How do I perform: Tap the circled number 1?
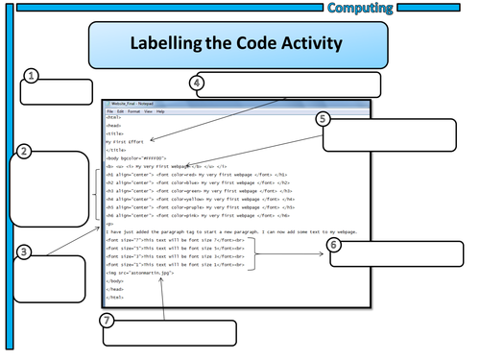coord(32,76)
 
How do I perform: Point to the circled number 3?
coord(25,252)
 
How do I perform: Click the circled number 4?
coord(198,84)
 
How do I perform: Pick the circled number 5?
coord(323,119)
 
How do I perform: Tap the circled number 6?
coord(333,245)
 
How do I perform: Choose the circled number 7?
coord(108,319)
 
